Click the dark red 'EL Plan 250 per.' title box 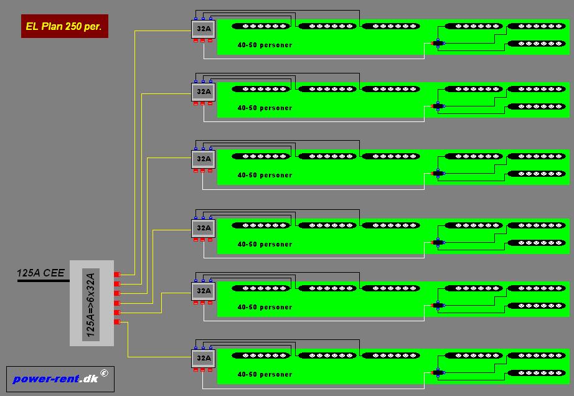point(65,26)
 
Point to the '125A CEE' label point(40,273)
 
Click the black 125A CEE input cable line point(44,281)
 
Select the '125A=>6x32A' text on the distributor point(91,305)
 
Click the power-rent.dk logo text point(55,379)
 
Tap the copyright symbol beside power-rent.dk point(105,373)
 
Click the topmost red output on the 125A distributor point(117,275)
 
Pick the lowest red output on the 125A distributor point(117,322)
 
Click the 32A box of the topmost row point(203,29)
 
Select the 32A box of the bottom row point(203,358)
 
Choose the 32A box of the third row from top point(203,159)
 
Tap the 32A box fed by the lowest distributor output point(203,358)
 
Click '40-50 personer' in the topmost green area point(265,45)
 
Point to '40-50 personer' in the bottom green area point(265,374)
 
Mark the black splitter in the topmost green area point(438,43)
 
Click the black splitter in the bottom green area point(438,372)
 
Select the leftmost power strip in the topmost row point(261,26)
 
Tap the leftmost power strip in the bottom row point(261,356)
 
